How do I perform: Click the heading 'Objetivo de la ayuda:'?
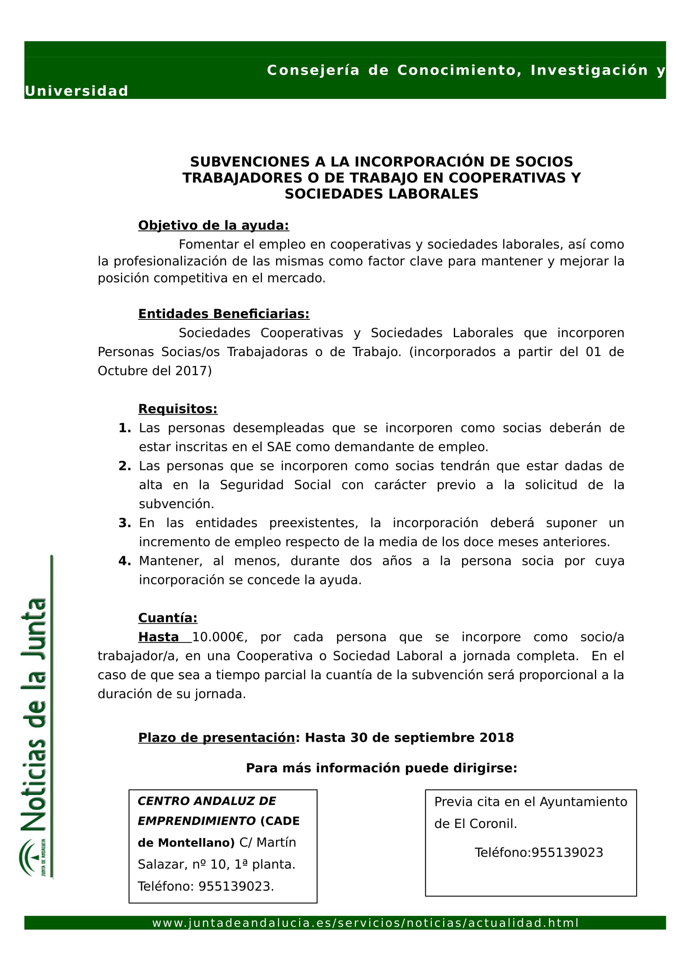(213, 225)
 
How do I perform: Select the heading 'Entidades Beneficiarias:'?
(224, 314)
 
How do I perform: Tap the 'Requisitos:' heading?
(178, 409)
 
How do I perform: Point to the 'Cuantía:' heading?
(168, 618)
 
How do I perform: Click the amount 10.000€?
(218, 637)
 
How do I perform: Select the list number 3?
(124, 523)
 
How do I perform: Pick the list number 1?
(124, 428)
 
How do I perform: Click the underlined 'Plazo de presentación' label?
(217, 738)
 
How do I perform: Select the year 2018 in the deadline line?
(496, 738)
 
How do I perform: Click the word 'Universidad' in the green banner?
(76, 91)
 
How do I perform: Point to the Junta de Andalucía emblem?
(32, 857)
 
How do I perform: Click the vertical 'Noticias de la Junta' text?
(35, 714)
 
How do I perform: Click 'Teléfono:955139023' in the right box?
(539, 853)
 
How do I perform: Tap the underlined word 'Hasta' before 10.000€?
(158, 637)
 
